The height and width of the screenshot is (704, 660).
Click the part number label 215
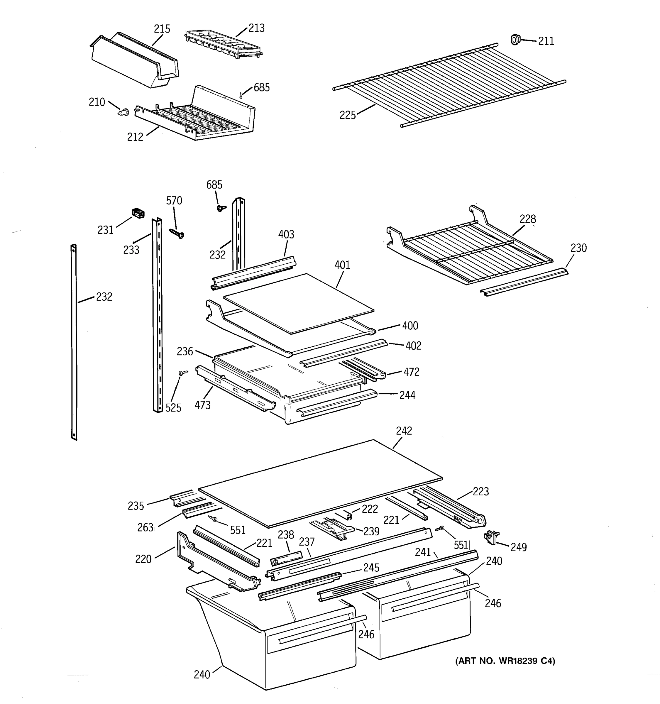pos(162,29)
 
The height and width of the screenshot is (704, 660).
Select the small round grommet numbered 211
pos(515,39)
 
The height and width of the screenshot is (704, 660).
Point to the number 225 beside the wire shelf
pos(347,115)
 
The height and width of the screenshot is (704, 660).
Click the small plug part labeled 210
pos(123,112)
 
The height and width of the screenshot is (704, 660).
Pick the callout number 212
pos(135,137)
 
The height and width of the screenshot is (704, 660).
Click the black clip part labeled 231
pos(138,213)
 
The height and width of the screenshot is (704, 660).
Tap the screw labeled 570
pos(177,233)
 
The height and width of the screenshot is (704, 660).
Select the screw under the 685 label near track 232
pos(221,208)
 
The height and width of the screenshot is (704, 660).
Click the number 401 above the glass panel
pos(342,265)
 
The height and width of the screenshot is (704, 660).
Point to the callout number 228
pos(528,219)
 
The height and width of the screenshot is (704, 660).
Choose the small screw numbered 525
pos(183,372)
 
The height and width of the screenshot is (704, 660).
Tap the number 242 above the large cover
pos(404,431)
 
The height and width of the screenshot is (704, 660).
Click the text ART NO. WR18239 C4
pos(505,661)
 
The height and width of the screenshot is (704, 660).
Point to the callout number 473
pos(202,405)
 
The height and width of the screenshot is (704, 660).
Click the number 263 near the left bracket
pos(145,528)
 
